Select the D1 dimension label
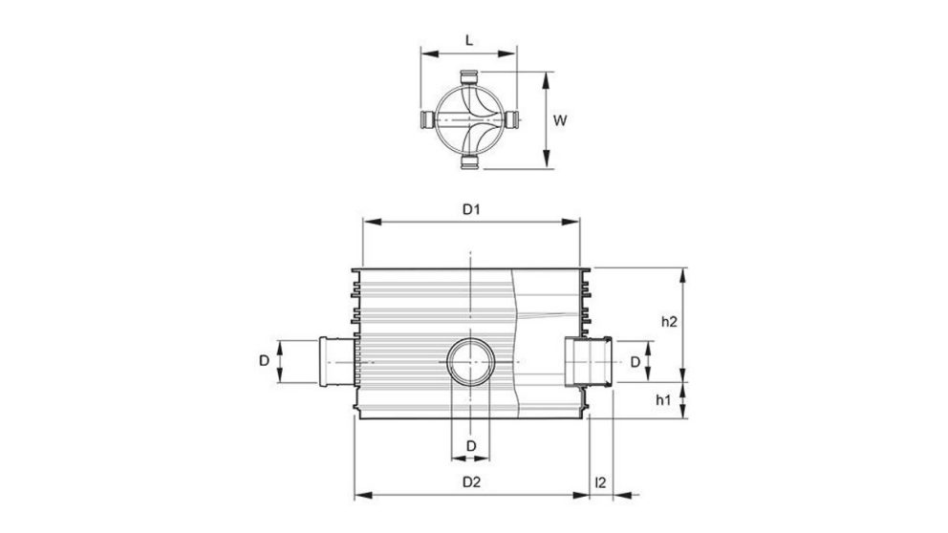pos(470,208)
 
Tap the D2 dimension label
pos(470,482)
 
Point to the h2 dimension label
pos(669,322)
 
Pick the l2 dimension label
pos(600,482)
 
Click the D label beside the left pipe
pos(263,361)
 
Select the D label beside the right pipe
pos(634,361)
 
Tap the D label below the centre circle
pos(470,446)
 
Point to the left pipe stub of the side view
pos(334,361)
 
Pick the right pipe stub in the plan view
pos(514,120)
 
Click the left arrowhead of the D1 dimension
pos(366,222)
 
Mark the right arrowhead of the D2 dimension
pos(582,496)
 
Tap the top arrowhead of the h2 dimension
pos(682,273)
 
